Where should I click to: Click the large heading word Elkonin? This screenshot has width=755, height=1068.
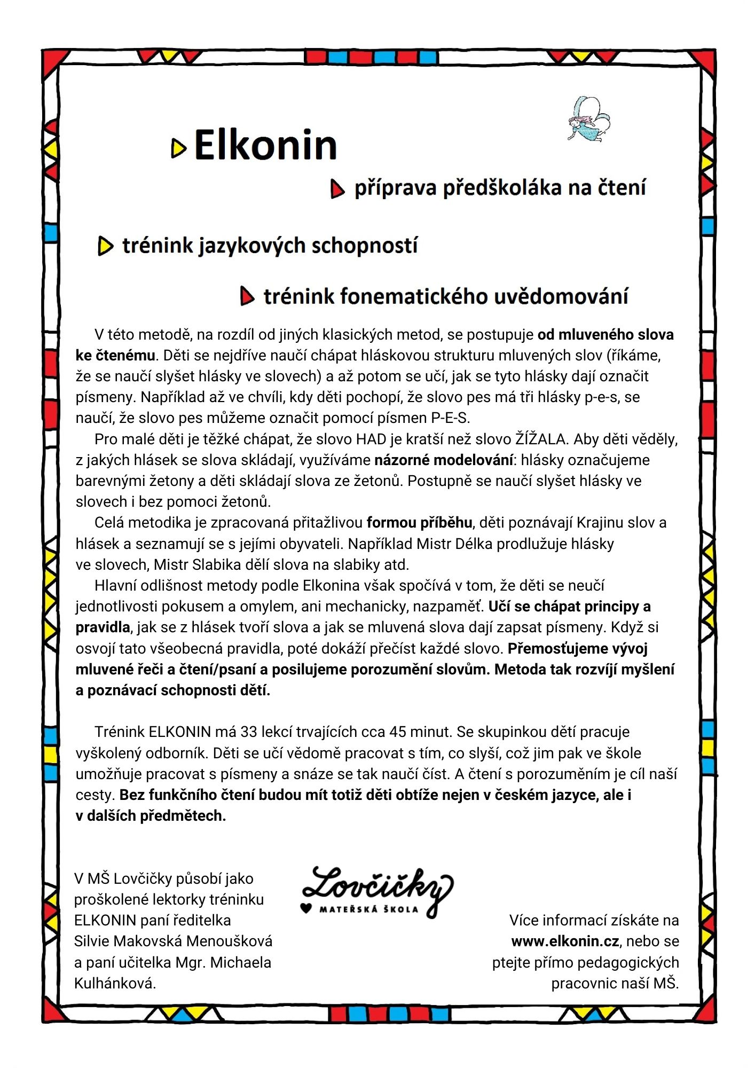265,145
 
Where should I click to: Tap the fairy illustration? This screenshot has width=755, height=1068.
588,120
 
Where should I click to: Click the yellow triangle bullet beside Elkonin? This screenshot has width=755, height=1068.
178,148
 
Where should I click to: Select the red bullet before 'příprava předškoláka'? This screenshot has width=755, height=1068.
337,189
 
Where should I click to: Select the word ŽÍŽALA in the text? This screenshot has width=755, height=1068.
540,439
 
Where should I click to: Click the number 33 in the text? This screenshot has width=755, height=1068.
249,732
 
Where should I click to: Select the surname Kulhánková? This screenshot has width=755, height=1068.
115,983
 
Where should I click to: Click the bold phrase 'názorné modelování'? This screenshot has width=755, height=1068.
443,460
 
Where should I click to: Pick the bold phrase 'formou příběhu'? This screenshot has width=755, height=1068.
419,522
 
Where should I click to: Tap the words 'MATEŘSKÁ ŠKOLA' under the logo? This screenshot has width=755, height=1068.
369,909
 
